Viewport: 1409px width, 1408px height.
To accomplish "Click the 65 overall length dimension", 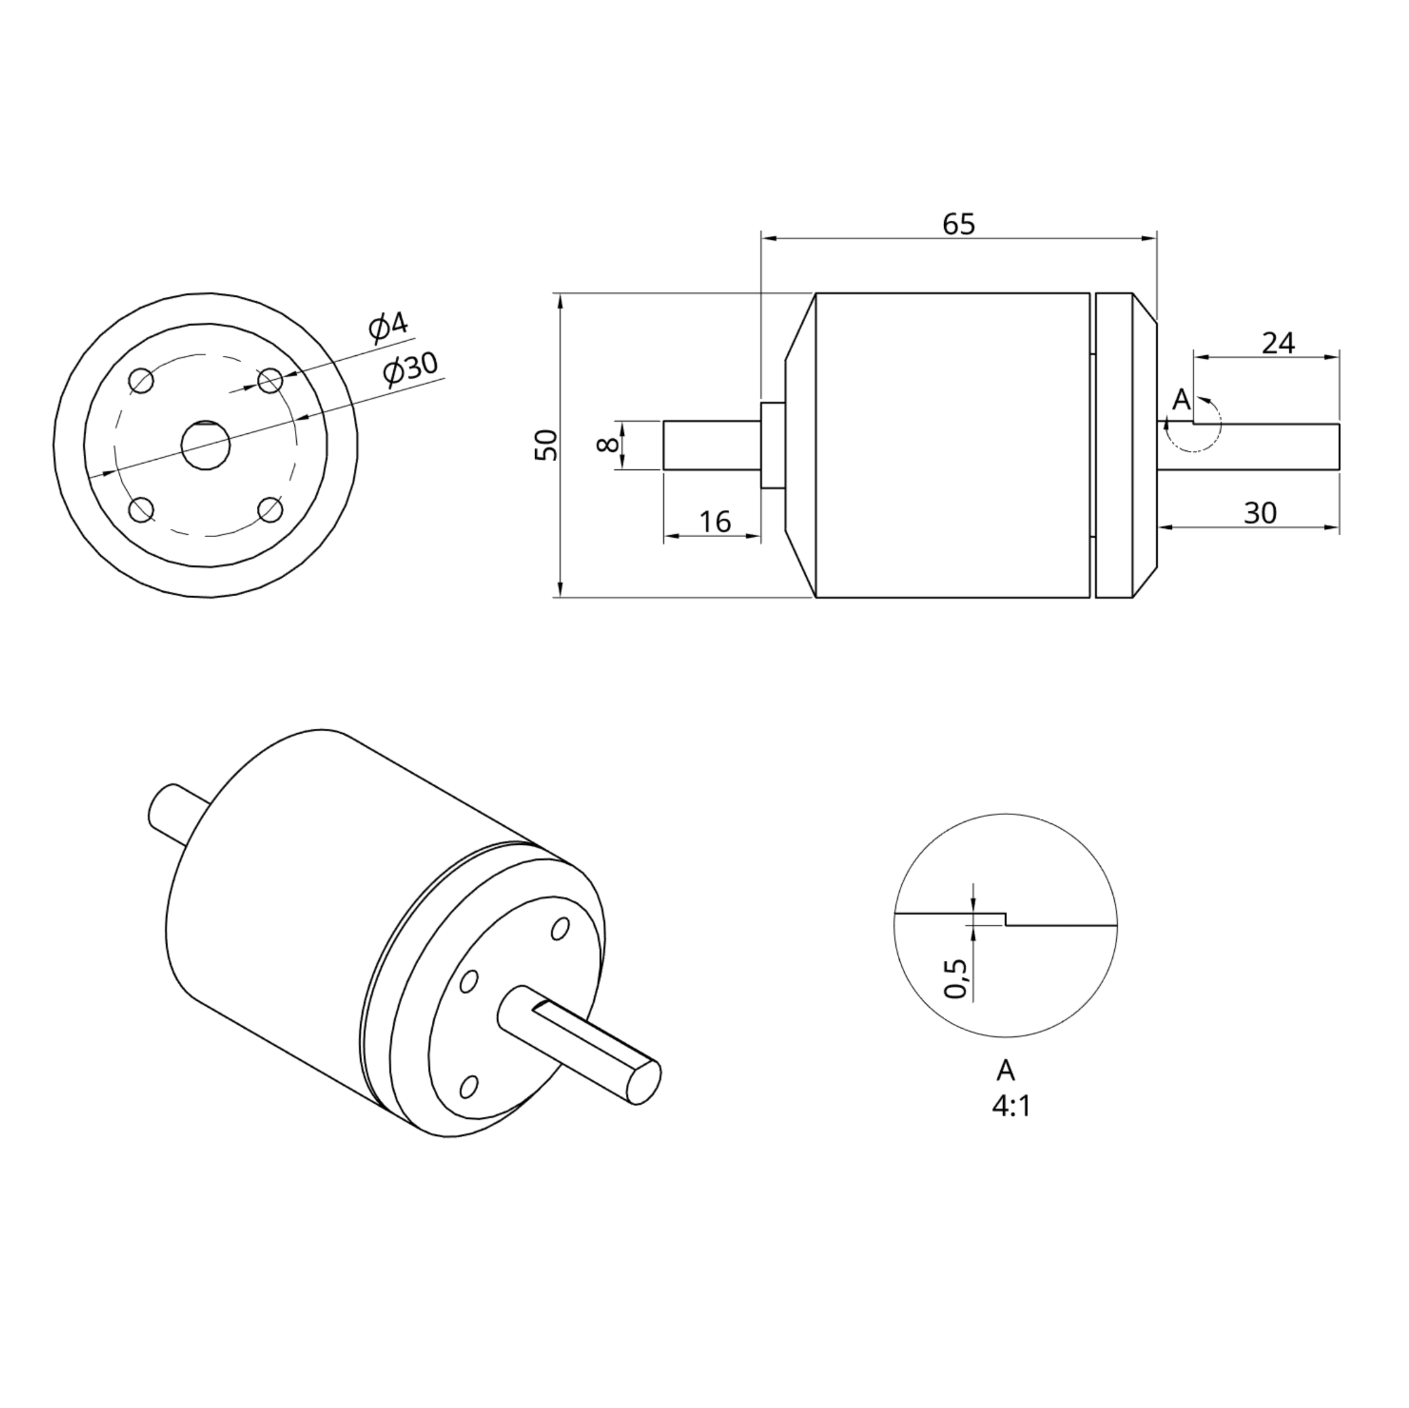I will [x=958, y=224].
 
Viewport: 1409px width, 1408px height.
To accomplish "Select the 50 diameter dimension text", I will [x=546, y=445].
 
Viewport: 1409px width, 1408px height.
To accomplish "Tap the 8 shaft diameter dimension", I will [x=607, y=445].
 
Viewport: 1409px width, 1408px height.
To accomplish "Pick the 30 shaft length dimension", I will [x=1259, y=514].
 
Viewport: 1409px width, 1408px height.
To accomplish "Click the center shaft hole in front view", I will [x=205, y=445].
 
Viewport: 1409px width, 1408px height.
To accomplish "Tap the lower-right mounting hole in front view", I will [x=271, y=509].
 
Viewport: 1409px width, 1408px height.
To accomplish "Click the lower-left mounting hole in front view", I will [x=141, y=509].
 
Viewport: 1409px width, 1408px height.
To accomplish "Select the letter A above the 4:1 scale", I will [x=1006, y=1070].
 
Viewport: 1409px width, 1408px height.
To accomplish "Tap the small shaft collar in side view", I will [x=772, y=445].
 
